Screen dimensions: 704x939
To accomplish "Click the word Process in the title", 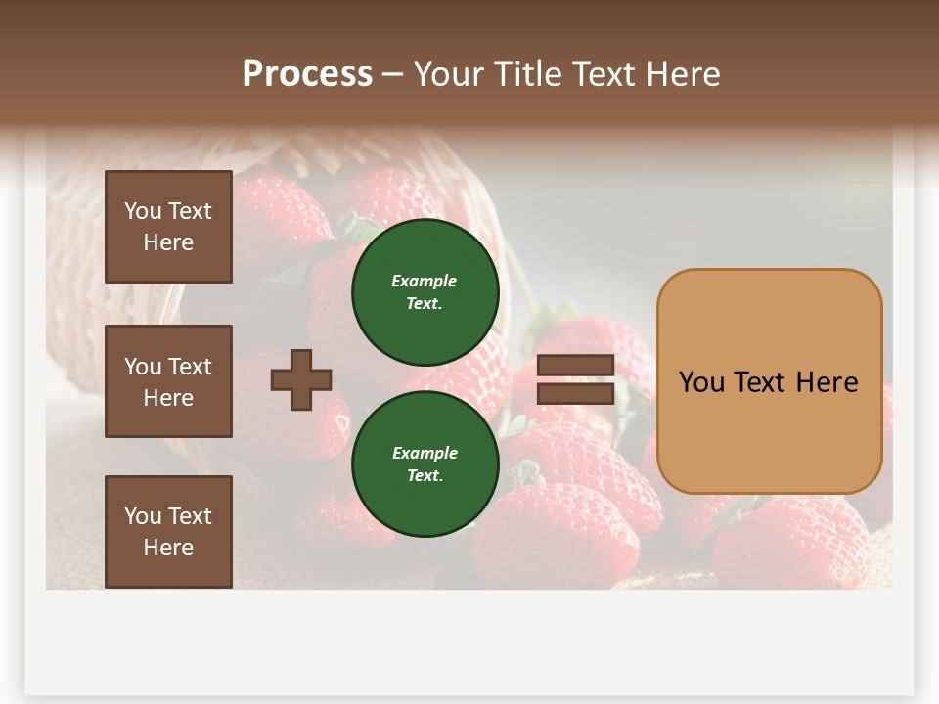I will click(x=307, y=74).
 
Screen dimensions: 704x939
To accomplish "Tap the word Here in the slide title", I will click(x=681, y=74).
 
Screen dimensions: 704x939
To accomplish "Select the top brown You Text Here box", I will click(x=168, y=227).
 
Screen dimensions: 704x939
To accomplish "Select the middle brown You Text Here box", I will click(x=168, y=381).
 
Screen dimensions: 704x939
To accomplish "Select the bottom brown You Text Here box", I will click(x=168, y=531).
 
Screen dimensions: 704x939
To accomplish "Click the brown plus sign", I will click(x=301, y=379).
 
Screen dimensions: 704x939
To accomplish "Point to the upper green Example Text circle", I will click(x=425, y=291).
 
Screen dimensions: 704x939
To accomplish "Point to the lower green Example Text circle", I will click(x=425, y=463).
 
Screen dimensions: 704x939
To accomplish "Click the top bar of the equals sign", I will click(x=575, y=366).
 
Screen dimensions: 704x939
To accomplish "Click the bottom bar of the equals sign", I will click(x=575, y=393).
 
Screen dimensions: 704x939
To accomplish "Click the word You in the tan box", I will click(x=701, y=382).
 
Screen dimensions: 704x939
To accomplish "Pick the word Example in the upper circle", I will click(x=425, y=281).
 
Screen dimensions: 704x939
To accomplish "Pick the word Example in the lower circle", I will click(x=425, y=453).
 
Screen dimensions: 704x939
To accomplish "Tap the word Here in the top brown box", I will click(x=168, y=242).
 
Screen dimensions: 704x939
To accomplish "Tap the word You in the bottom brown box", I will click(x=143, y=516).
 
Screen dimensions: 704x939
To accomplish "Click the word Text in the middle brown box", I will click(x=190, y=367).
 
